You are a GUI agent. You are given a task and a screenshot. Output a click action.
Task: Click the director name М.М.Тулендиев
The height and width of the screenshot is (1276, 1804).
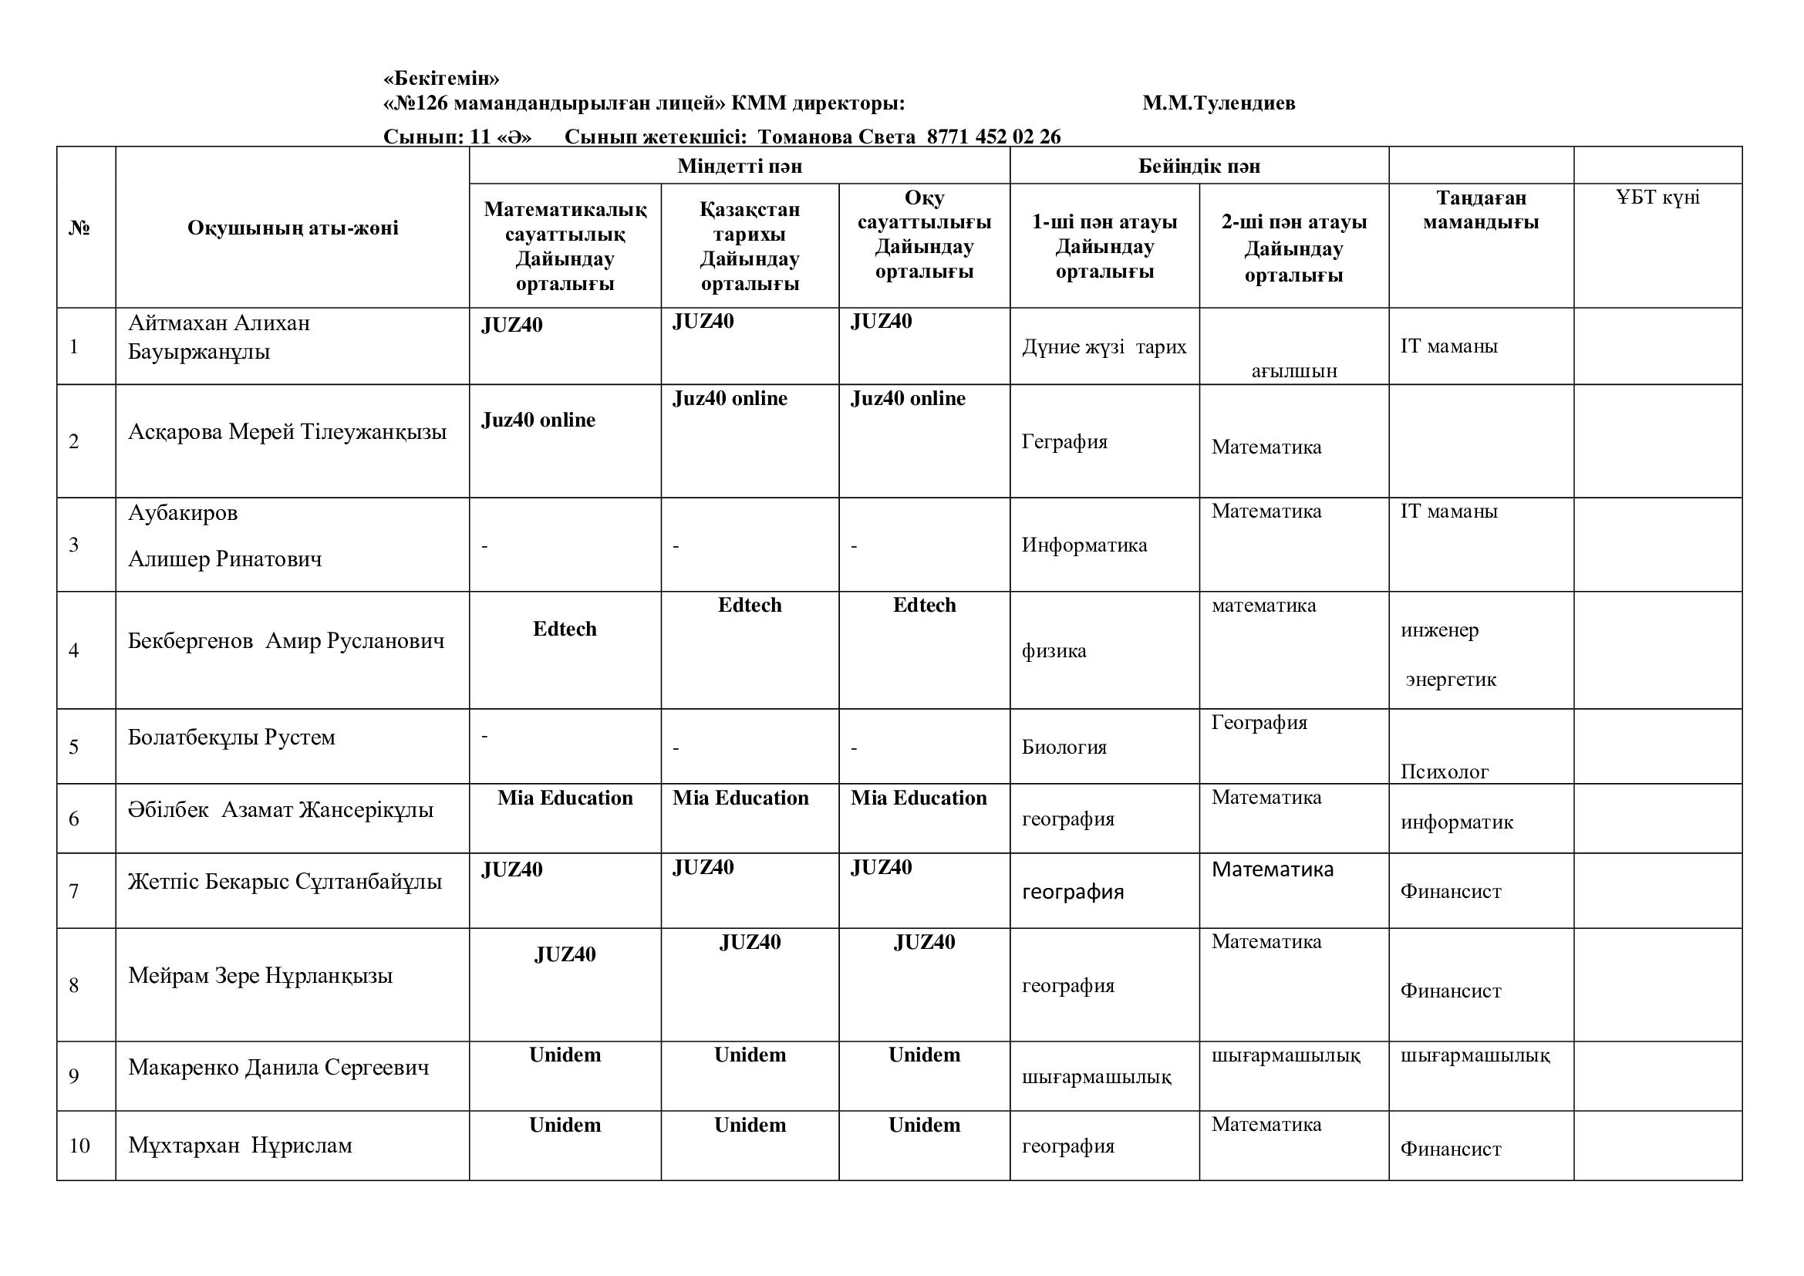click(1219, 103)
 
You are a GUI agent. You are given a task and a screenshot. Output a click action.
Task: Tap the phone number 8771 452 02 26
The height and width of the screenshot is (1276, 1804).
click(993, 137)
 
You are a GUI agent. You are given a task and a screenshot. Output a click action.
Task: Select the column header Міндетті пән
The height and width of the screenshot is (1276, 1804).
click(740, 166)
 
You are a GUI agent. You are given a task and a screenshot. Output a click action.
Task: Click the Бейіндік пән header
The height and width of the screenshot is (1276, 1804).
click(1199, 166)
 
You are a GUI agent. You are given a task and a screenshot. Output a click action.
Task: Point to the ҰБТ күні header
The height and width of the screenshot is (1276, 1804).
click(1657, 197)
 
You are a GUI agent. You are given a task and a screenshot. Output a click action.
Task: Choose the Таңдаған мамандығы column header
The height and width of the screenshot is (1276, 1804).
click(1480, 210)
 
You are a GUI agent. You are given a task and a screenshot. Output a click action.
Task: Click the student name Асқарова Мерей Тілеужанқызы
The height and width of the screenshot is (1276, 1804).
click(287, 431)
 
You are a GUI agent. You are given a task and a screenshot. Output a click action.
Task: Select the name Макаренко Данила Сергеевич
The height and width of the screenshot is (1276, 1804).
click(278, 1067)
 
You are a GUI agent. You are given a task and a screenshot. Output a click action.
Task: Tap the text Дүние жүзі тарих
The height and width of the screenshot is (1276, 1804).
click(1104, 346)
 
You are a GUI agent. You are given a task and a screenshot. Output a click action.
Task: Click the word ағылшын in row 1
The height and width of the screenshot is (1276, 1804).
click(1293, 371)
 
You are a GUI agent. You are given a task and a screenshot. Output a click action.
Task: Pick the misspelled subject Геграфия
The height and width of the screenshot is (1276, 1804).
click(1064, 441)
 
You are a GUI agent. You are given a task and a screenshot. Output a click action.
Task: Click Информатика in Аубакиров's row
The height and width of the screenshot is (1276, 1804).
click(1084, 545)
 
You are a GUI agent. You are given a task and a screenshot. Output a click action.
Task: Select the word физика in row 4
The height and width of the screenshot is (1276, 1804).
click(1054, 650)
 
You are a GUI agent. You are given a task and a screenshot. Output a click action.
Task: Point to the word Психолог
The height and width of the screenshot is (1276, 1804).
click(1444, 771)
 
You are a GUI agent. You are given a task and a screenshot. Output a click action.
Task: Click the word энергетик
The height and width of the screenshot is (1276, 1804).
click(1451, 679)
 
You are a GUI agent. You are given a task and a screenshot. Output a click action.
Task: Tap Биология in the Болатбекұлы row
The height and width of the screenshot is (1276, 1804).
click(1064, 747)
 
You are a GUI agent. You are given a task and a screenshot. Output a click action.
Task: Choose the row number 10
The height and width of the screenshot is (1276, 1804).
click(79, 1146)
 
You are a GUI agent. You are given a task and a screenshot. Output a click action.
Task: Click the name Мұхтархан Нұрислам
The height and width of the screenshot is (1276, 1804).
click(240, 1146)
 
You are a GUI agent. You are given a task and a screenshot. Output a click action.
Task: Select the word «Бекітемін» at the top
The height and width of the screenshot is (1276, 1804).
click(441, 79)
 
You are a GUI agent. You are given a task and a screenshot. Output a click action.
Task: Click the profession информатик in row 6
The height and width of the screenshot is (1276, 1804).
click(1456, 822)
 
